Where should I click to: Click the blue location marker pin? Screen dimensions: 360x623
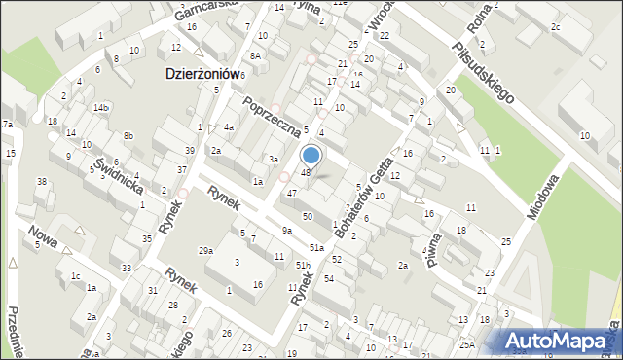click(311, 156)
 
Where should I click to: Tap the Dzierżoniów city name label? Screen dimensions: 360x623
click(202, 74)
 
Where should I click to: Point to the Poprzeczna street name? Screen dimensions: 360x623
click(278, 116)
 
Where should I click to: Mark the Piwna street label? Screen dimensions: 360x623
click(433, 248)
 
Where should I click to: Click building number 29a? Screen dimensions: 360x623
click(206, 251)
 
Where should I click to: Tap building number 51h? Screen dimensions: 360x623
click(303, 265)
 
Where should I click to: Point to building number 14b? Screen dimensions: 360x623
click(101, 108)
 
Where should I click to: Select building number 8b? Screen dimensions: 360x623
click(128, 135)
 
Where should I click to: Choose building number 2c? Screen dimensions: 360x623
click(555, 26)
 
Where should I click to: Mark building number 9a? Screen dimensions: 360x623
click(286, 230)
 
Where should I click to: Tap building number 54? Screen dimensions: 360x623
click(328, 279)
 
